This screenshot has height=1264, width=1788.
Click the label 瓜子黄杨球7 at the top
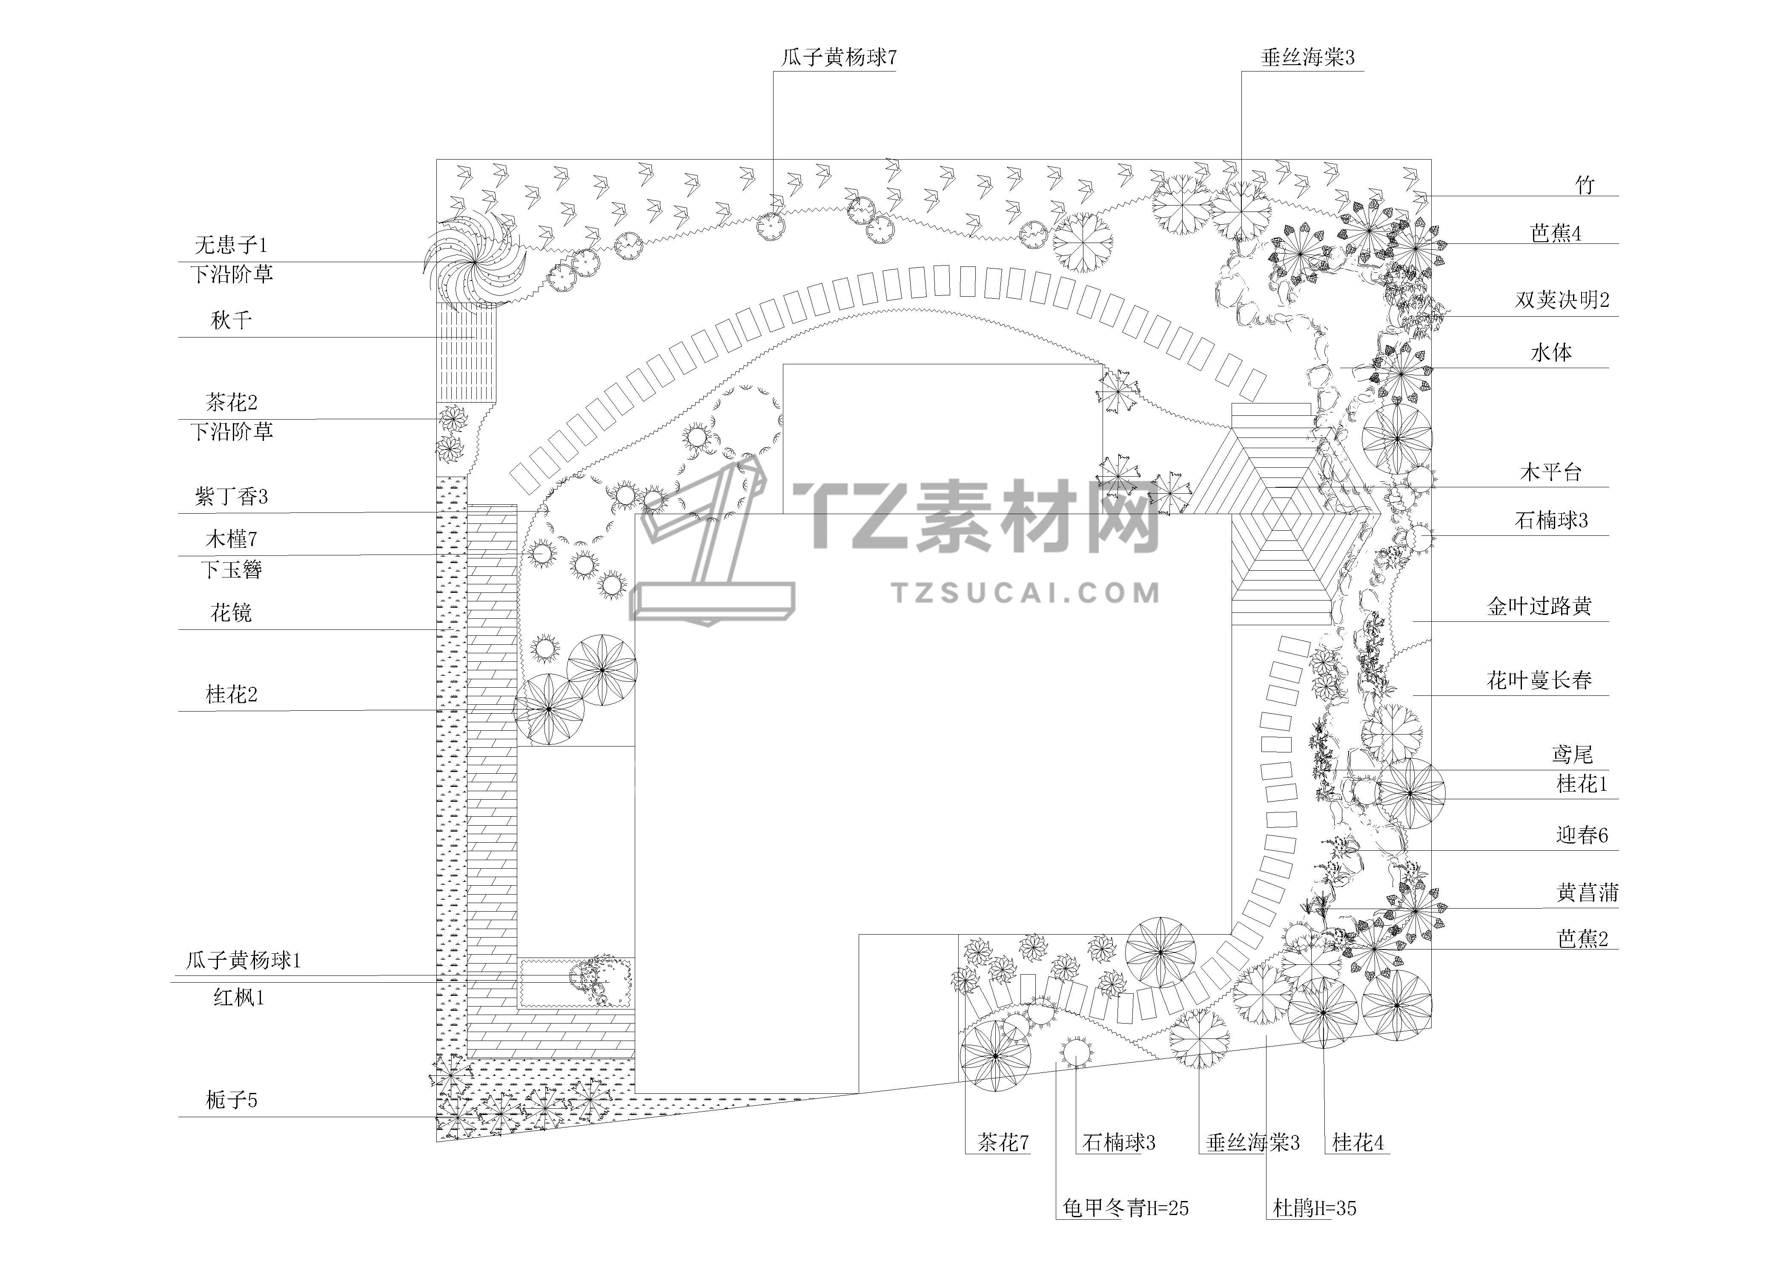[x=839, y=57]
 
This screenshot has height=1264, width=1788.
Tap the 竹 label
[x=1585, y=185]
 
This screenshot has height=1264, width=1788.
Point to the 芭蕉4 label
[x=1555, y=234]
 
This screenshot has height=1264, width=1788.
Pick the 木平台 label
[x=1550, y=472]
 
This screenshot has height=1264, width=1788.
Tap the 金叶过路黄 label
[x=1539, y=606]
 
